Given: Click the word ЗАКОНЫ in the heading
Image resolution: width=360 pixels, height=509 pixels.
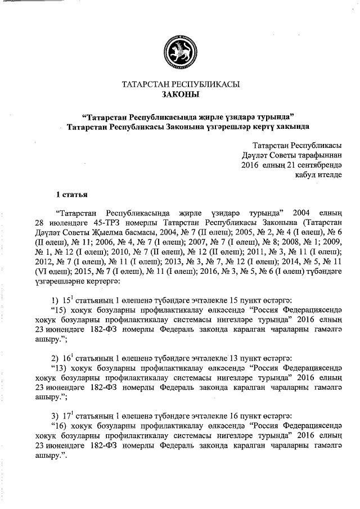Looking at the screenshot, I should coord(181,96).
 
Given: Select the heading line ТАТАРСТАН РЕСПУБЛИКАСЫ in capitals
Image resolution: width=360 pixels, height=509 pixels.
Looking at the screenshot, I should coord(181,85).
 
